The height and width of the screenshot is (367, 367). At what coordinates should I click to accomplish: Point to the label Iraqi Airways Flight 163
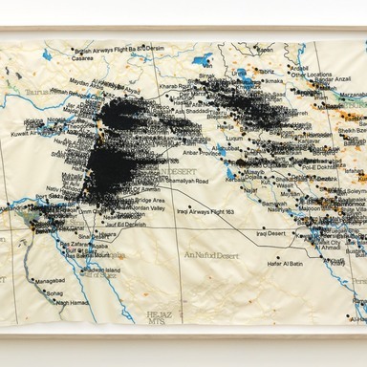[206, 212]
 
